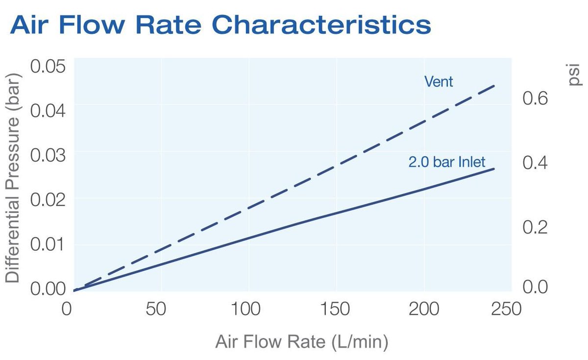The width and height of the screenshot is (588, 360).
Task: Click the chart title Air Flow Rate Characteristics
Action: point(220,24)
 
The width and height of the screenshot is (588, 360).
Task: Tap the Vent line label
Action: point(439,81)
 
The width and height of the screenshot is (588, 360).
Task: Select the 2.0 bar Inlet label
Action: point(447,162)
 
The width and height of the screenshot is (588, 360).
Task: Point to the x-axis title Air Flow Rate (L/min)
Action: point(301,342)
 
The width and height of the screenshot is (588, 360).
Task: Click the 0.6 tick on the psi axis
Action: point(534,98)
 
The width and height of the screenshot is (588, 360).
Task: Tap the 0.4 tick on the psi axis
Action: point(534,163)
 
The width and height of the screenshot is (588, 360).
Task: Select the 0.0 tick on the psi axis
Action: point(534,287)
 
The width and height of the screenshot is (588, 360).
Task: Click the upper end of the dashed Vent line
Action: point(494,86)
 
